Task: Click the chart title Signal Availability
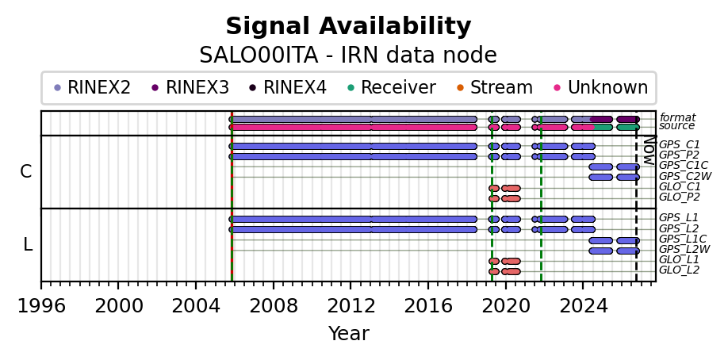pyautogui.click(x=348, y=26)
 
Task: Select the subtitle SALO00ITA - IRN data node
pyautogui.click(x=348, y=56)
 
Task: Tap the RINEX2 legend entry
pyautogui.click(x=93, y=87)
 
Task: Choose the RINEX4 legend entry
pyautogui.click(x=289, y=87)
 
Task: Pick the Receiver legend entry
pyautogui.click(x=392, y=87)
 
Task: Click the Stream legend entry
pyautogui.click(x=496, y=87)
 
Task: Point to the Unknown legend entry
pyautogui.click(x=601, y=87)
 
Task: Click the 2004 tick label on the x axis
pyautogui.click(x=195, y=306)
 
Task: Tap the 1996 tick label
pyautogui.click(x=41, y=306)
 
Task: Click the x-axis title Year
pyautogui.click(x=349, y=334)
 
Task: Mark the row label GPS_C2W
pyautogui.click(x=685, y=176)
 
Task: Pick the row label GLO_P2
pyautogui.click(x=680, y=197)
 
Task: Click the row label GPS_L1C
pyautogui.click(x=683, y=239)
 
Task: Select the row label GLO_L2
pyautogui.click(x=680, y=270)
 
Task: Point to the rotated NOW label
pyautogui.click(x=649, y=151)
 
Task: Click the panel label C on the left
pyautogui.click(x=26, y=172)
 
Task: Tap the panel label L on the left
pyautogui.click(x=28, y=244)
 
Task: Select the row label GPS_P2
pyautogui.click(x=680, y=155)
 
